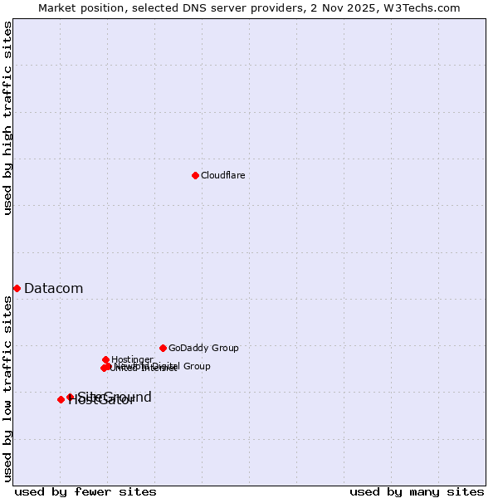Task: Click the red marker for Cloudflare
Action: click(x=195, y=175)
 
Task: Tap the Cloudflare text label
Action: click(x=222, y=175)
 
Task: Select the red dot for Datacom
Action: click(x=17, y=288)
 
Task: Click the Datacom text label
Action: click(x=53, y=288)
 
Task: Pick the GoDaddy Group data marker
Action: click(x=163, y=348)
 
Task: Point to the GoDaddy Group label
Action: click(x=203, y=348)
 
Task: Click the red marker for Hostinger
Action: click(x=106, y=359)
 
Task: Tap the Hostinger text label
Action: click(x=132, y=359)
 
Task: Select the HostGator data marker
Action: click(x=61, y=399)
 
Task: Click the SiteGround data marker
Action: click(x=70, y=397)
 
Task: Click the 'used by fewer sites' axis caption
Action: click(x=85, y=491)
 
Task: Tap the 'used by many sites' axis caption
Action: click(x=417, y=491)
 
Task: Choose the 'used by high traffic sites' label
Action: click(x=7, y=118)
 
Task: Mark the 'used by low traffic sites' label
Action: click(x=7, y=388)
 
